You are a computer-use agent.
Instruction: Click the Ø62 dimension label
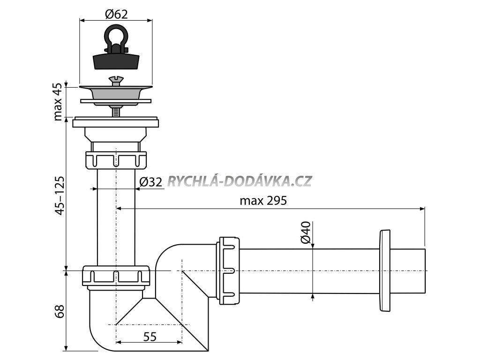pyautogui.click(x=116, y=14)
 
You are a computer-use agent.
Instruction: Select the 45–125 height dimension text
pyautogui.click(x=58, y=195)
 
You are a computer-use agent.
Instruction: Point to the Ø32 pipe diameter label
pyautogui.click(x=151, y=182)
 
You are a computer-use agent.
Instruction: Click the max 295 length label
pyautogui.click(x=262, y=201)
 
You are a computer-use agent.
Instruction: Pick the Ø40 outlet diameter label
pyautogui.click(x=305, y=232)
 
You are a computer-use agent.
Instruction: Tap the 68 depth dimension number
pyautogui.click(x=58, y=311)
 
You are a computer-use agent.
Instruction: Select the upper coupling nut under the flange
pyautogui.click(x=116, y=159)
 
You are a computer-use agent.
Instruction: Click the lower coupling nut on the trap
pyautogui.click(x=116, y=277)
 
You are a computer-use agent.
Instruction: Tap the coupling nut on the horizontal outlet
pyautogui.click(x=229, y=270)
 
